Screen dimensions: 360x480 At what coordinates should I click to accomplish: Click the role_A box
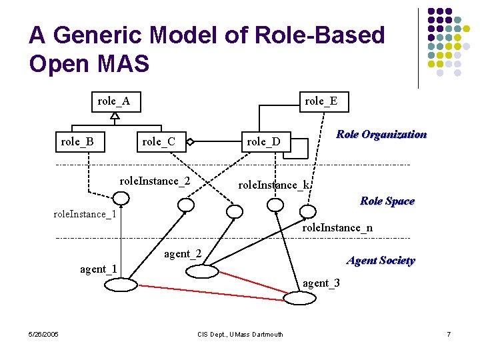[x=114, y=101]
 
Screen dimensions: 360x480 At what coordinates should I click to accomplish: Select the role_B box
[x=77, y=141]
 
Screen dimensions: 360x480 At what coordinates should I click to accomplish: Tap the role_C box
[x=159, y=141]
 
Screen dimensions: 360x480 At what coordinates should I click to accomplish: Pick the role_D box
[x=263, y=141]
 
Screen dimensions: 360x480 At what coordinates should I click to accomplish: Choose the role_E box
[x=321, y=101]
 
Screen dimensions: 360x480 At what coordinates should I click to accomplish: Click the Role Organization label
[x=381, y=135]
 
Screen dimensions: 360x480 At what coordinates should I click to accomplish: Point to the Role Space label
[x=387, y=201]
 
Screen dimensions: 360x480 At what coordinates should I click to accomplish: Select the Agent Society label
[x=381, y=261]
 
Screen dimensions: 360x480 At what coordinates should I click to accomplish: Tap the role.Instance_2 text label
[x=154, y=181]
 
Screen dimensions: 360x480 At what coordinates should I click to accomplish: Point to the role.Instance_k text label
[x=275, y=185]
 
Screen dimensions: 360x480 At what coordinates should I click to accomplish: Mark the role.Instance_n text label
[x=337, y=228]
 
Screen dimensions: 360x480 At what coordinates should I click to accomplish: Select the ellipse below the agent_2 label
[x=201, y=271]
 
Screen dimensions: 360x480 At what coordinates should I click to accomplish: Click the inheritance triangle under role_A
[x=115, y=115]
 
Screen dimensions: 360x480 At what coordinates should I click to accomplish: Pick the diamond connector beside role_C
[x=190, y=141]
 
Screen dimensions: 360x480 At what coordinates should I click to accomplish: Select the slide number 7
[x=449, y=334]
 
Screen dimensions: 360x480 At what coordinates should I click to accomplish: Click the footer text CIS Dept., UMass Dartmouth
[x=241, y=334]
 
